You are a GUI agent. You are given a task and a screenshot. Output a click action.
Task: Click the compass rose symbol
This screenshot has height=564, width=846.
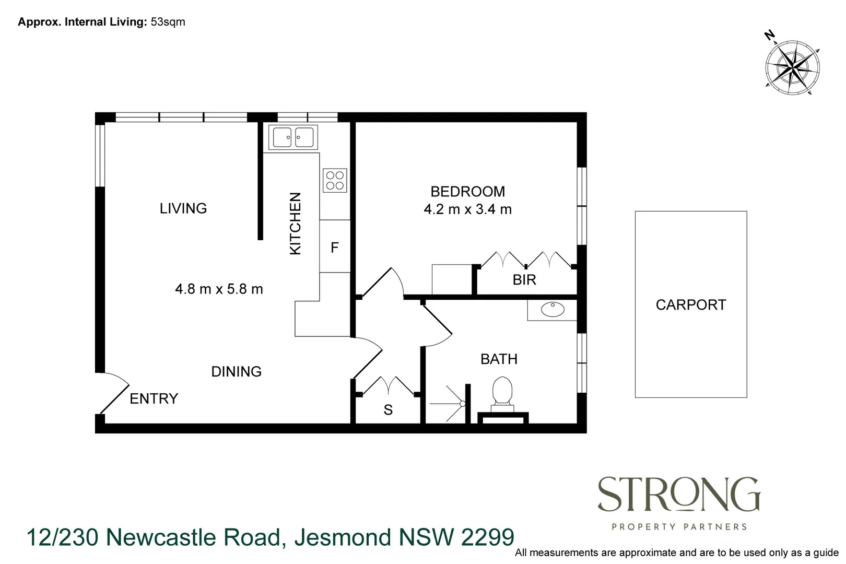click(x=792, y=67)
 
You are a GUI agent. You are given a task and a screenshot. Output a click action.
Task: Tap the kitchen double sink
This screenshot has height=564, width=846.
click(x=293, y=137)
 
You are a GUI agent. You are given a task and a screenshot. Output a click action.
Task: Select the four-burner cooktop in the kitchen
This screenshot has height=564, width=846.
click(x=335, y=180)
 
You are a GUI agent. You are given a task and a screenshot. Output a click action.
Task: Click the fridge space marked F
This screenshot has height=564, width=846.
click(x=335, y=247)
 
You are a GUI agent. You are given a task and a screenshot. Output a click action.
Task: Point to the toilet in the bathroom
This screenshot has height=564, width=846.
click(x=502, y=393)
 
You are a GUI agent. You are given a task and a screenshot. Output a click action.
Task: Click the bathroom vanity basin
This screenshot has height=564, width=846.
click(x=553, y=310)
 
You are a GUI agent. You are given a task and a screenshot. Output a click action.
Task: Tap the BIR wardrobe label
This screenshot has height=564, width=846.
click(x=524, y=280)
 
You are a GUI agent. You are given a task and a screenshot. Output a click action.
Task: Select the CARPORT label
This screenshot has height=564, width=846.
click(x=690, y=305)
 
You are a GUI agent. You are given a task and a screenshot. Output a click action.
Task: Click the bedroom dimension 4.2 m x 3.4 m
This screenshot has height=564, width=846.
click(x=467, y=209)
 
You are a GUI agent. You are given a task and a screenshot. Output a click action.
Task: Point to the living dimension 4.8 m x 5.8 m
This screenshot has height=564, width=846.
click(x=219, y=289)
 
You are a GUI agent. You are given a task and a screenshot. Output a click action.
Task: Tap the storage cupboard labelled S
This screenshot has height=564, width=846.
click(x=388, y=410)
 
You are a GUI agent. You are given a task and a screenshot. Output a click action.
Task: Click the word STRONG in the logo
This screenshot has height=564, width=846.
click(x=678, y=495)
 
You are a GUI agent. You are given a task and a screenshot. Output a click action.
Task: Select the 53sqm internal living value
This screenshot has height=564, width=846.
click(x=168, y=22)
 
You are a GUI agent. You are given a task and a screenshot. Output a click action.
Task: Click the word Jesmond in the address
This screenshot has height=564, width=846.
click(x=342, y=537)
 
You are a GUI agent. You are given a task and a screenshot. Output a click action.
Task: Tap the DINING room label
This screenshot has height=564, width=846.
click(x=236, y=372)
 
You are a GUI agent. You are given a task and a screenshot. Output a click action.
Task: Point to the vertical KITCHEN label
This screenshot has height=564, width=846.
click(x=295, y=224)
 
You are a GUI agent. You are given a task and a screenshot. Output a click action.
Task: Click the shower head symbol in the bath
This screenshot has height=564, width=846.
click(x=462, y=404)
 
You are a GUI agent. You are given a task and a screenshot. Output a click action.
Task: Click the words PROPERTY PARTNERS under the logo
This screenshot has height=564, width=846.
click(x=679, y=527)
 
